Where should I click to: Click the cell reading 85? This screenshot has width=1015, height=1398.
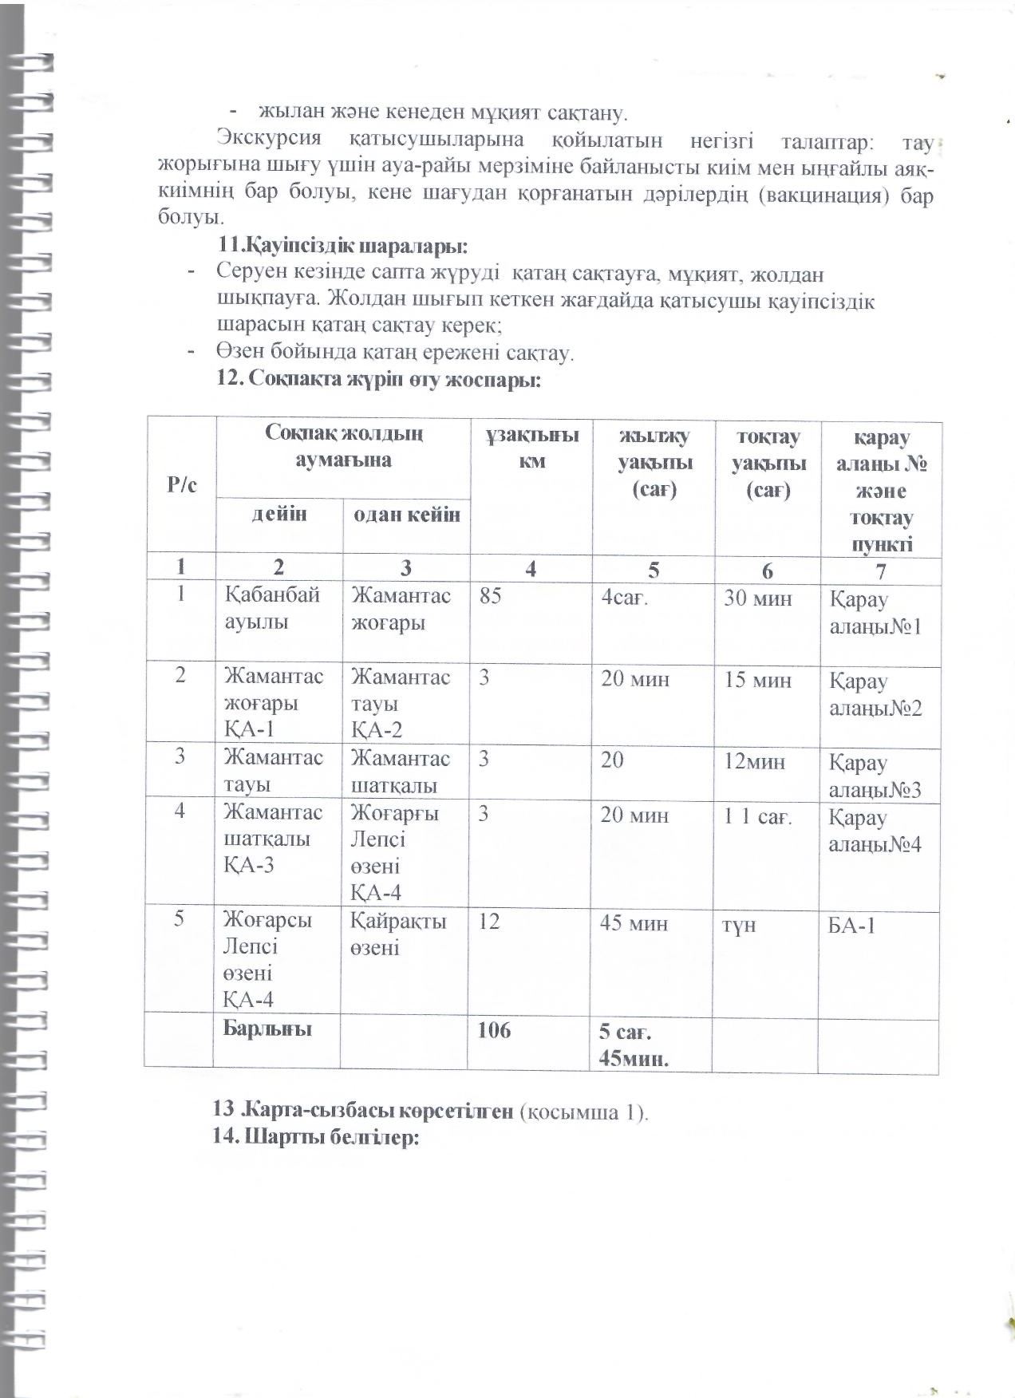491,596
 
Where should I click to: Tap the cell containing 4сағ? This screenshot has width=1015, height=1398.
625,598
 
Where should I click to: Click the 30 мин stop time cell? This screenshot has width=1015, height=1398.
757,598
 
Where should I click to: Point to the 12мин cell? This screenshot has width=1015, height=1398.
754,762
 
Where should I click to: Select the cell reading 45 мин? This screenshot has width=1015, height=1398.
635,924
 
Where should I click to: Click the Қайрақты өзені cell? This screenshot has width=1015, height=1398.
398,934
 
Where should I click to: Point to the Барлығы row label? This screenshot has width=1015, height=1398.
267,1029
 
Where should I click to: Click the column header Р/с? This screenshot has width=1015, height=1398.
181,485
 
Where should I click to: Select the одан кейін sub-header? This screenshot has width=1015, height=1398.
406,515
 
